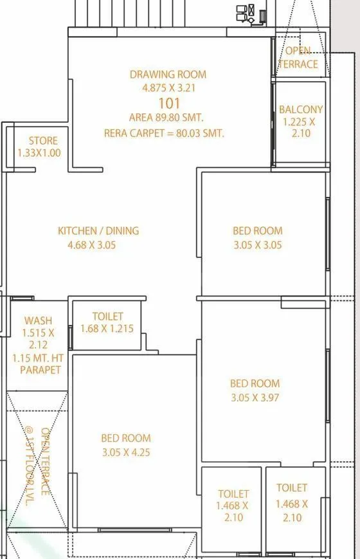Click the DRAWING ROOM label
pos(168,75)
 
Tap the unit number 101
pos(168,103)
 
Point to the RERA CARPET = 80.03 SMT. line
pos(164,133)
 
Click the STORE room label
pos(43,140)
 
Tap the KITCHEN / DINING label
pos(98,230)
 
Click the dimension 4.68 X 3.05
pos(91,244)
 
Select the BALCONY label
pos(301,110)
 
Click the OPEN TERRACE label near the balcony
pos(298,57)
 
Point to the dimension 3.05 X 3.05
pos(257,244)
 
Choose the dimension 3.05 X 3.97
pos(255,398)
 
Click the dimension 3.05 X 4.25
pos(126,452)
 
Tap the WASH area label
pos(38,320)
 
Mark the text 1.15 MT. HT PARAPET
pos(40,363)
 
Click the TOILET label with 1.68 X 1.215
pos(107,316)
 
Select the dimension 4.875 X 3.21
pos(168,88)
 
